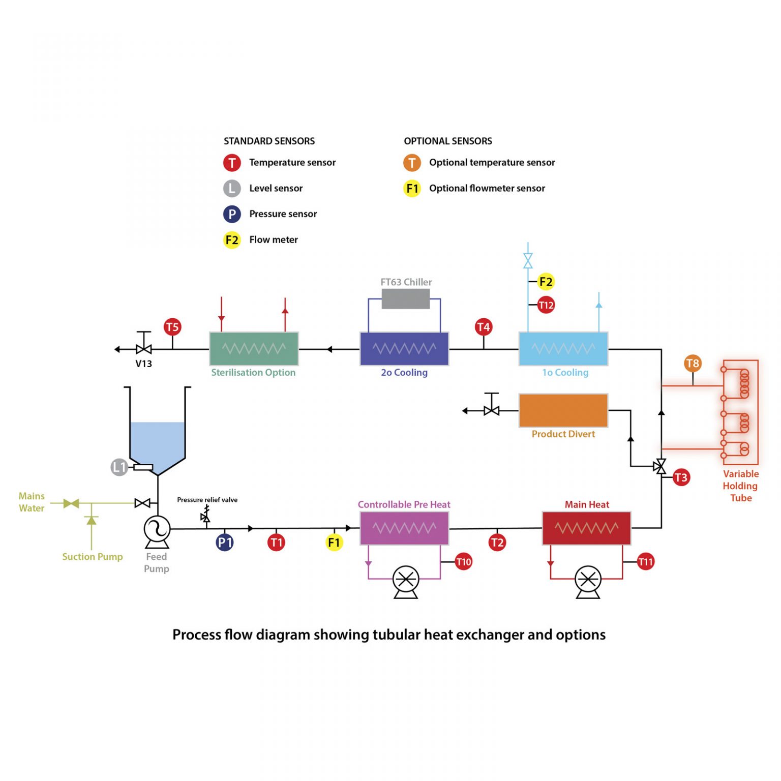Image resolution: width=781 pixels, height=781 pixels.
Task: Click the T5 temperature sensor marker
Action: tap(172, 327)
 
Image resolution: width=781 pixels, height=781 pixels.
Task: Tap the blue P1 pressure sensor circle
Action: tap(225, 543)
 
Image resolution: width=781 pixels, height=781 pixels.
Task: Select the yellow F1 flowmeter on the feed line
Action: tap(334, 543)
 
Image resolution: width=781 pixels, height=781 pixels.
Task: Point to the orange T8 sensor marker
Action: tap(693, 363)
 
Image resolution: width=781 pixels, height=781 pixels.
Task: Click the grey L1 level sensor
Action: tap(119, 467)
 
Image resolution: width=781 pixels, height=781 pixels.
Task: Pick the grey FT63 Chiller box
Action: tap(406, 299)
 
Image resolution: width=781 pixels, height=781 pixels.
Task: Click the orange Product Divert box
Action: tap(563, 410)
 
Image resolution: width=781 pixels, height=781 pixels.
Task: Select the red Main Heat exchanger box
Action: tap(587, 528)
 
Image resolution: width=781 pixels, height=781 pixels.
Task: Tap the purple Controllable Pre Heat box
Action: tap(404, 528)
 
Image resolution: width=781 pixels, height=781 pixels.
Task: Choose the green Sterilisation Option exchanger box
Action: tap(254, 349)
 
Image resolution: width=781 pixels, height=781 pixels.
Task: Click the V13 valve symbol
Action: tap(144, 348)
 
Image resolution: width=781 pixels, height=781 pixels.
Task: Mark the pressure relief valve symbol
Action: tap(205, 515)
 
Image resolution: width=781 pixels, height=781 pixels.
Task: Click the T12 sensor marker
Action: tap(546, 305)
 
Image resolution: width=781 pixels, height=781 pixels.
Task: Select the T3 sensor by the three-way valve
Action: tap(681, 477)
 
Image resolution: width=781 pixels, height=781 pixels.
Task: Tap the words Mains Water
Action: tap(32, 502)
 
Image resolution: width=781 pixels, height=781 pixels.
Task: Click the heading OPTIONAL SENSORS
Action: tap(448, 141)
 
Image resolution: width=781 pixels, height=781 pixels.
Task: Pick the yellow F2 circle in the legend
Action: tap(232, 240)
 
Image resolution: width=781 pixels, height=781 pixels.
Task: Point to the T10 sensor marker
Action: tap(463, 562)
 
